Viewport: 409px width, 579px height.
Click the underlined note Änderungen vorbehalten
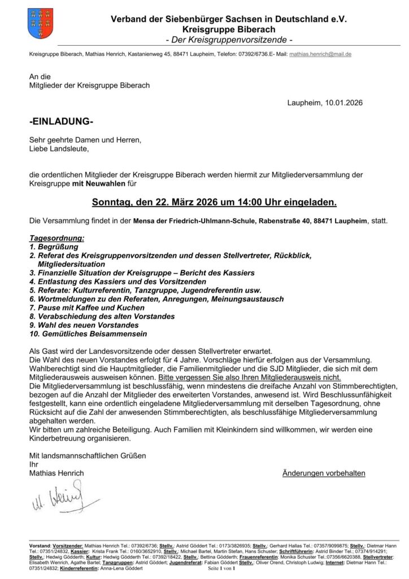[324, 473]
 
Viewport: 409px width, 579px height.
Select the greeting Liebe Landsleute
[59, 149]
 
